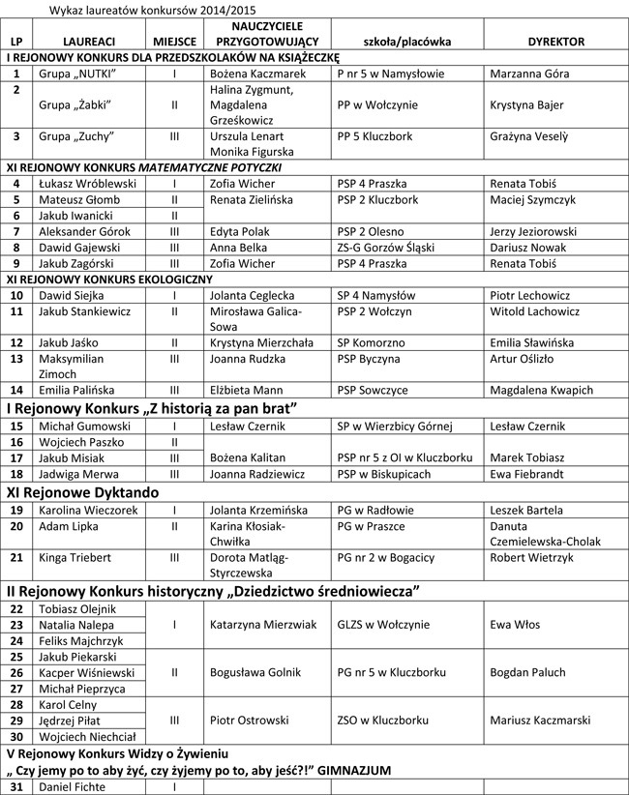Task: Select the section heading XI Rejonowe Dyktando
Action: (82, 491)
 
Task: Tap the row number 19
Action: (16, 510)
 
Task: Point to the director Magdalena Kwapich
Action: (541, 390)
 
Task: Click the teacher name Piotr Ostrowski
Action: (249, 720)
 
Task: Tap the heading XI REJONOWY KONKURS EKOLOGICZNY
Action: (108, 279)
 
